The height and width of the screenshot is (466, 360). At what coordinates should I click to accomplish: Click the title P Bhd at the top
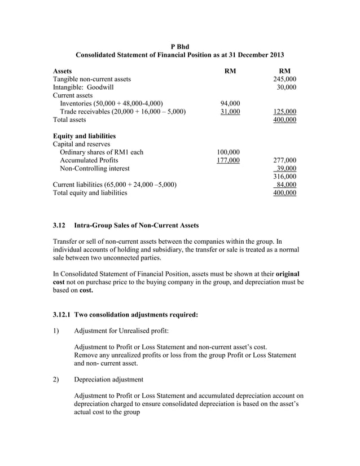tap(179, 46)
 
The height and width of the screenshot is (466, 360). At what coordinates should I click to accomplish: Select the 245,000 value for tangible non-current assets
tap(284, 80)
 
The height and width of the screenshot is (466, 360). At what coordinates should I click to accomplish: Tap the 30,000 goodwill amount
tap(286, 87)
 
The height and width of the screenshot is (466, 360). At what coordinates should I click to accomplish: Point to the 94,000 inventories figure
tap(229, 103)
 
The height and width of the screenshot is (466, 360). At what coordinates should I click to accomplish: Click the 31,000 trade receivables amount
tap(229, 112)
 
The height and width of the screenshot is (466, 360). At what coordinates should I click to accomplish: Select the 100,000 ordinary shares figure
tap(228, 152)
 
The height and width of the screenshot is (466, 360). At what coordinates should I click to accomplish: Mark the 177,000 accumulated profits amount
tap(228, 160)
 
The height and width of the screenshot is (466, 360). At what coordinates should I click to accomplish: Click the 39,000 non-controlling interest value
tap(286, 168)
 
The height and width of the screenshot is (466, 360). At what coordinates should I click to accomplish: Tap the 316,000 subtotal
tap(284, 177)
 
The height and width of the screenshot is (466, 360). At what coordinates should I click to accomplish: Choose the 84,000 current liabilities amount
tap(286, 184)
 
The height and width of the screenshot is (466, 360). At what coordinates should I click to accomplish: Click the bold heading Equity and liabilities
tap(84, 136)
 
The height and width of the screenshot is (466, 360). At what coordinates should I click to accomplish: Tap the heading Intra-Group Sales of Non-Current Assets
tap(136, 226)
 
